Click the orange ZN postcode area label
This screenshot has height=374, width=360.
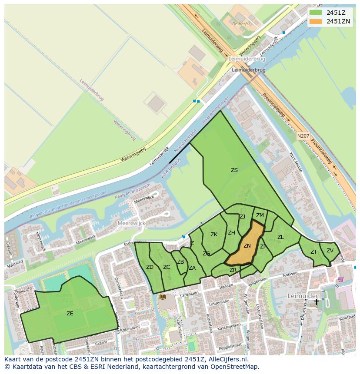pos(247,246)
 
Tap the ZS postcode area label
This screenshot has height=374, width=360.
pos(234,170)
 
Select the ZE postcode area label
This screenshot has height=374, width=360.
pos(70,313)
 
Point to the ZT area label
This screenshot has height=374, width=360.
pos(313,252)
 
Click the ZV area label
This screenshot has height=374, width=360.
pos(330,251)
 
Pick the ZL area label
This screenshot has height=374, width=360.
pos(280,237)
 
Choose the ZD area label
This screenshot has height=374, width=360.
pos(150,267)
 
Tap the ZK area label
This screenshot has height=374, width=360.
pos(214,235)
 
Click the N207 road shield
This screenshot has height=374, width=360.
pos(303,136)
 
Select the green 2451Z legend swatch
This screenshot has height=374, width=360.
pos(316,13)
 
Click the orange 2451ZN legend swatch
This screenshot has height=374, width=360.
pos(316,21)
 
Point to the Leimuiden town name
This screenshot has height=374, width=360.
pos(303,295)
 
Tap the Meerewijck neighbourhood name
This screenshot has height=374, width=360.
pos(131,223)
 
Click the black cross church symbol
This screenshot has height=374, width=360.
pos(317,301)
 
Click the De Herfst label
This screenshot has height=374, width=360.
pos(241,24)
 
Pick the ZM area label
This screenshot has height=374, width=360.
pos(260,215)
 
